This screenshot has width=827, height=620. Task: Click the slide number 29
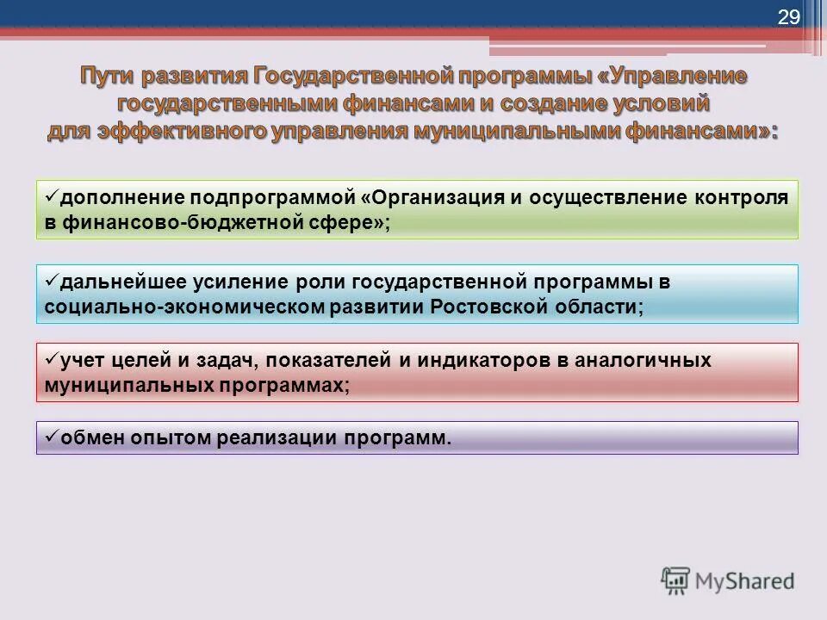tap(789, 18)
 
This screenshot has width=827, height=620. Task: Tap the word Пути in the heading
tap(109, 76)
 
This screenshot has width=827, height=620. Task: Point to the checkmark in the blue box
tap(50, 280)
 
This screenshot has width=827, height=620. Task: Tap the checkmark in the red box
tap(50, 357)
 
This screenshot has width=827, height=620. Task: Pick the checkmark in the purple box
tap(50, 436)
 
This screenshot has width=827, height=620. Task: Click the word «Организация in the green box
tap(432, 197)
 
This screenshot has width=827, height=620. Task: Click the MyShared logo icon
tap(676, 581)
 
